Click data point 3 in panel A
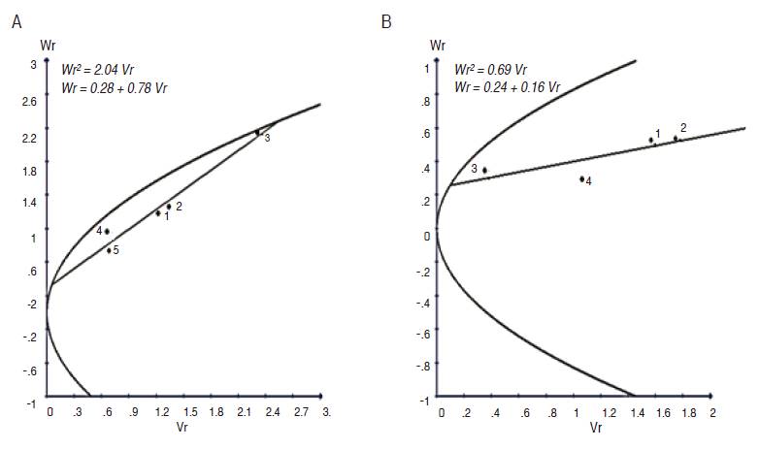coord(257,132)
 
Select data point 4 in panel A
coord(107,231)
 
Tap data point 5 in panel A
coord(110,250)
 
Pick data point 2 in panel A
coord(169,207)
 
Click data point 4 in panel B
coord(582,178)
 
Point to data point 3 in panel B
coord(484,171)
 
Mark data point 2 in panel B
coord(676,138)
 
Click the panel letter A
coord(17,21)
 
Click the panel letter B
coord(386,21)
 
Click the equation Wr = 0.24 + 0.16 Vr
coord(508,86)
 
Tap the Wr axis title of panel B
coord(438,46)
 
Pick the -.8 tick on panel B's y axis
coord(421,367)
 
